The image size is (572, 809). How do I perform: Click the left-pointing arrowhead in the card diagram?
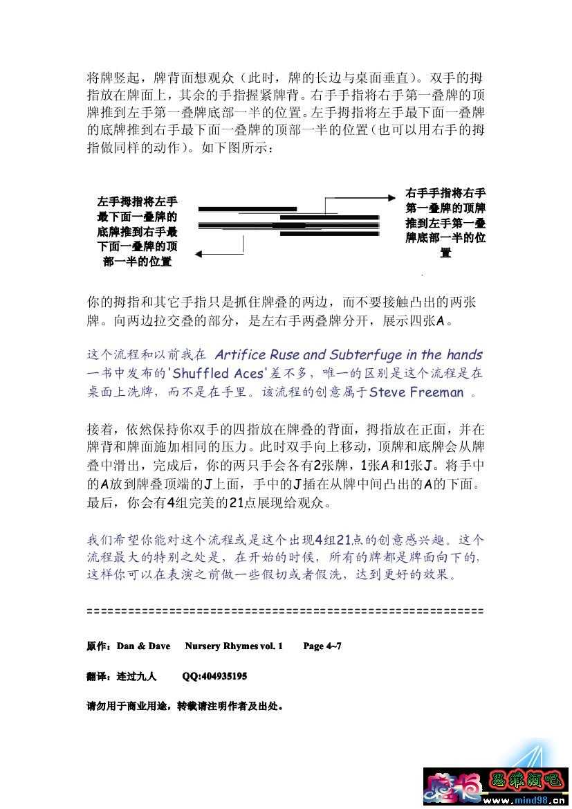(x=199, y=254)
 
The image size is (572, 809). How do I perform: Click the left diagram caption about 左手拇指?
(x=137, y=232)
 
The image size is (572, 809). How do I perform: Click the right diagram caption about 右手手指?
(x=445, y=223)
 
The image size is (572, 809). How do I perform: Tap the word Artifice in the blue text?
(x=239, y=355)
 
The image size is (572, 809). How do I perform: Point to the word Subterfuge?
(x=363, y=355)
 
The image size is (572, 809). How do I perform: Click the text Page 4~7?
(x=322, y=646)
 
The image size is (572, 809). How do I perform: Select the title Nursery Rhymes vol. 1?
(x=234, y=646)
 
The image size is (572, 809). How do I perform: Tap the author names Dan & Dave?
(x=144, y=646)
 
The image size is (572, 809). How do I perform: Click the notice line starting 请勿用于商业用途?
(x=185, y=707)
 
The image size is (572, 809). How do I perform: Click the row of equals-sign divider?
(x=285, y=612)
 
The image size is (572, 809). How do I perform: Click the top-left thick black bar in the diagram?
(x=247, y=208)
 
